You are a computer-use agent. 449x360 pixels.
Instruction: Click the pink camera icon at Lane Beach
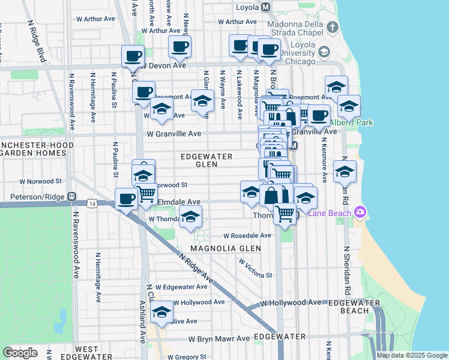360,211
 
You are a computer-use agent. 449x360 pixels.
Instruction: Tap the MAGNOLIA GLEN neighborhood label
226,248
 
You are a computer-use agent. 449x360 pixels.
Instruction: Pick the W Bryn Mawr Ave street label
218,338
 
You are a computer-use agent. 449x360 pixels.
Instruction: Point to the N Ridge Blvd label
37,42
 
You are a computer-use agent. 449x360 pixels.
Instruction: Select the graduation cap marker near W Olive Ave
161,312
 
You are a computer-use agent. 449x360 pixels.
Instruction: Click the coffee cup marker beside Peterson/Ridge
127,199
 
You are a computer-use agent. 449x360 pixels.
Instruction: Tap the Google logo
20,353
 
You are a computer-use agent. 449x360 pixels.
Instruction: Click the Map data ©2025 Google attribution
411,355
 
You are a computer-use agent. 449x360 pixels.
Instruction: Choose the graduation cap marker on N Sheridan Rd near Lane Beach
345,172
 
